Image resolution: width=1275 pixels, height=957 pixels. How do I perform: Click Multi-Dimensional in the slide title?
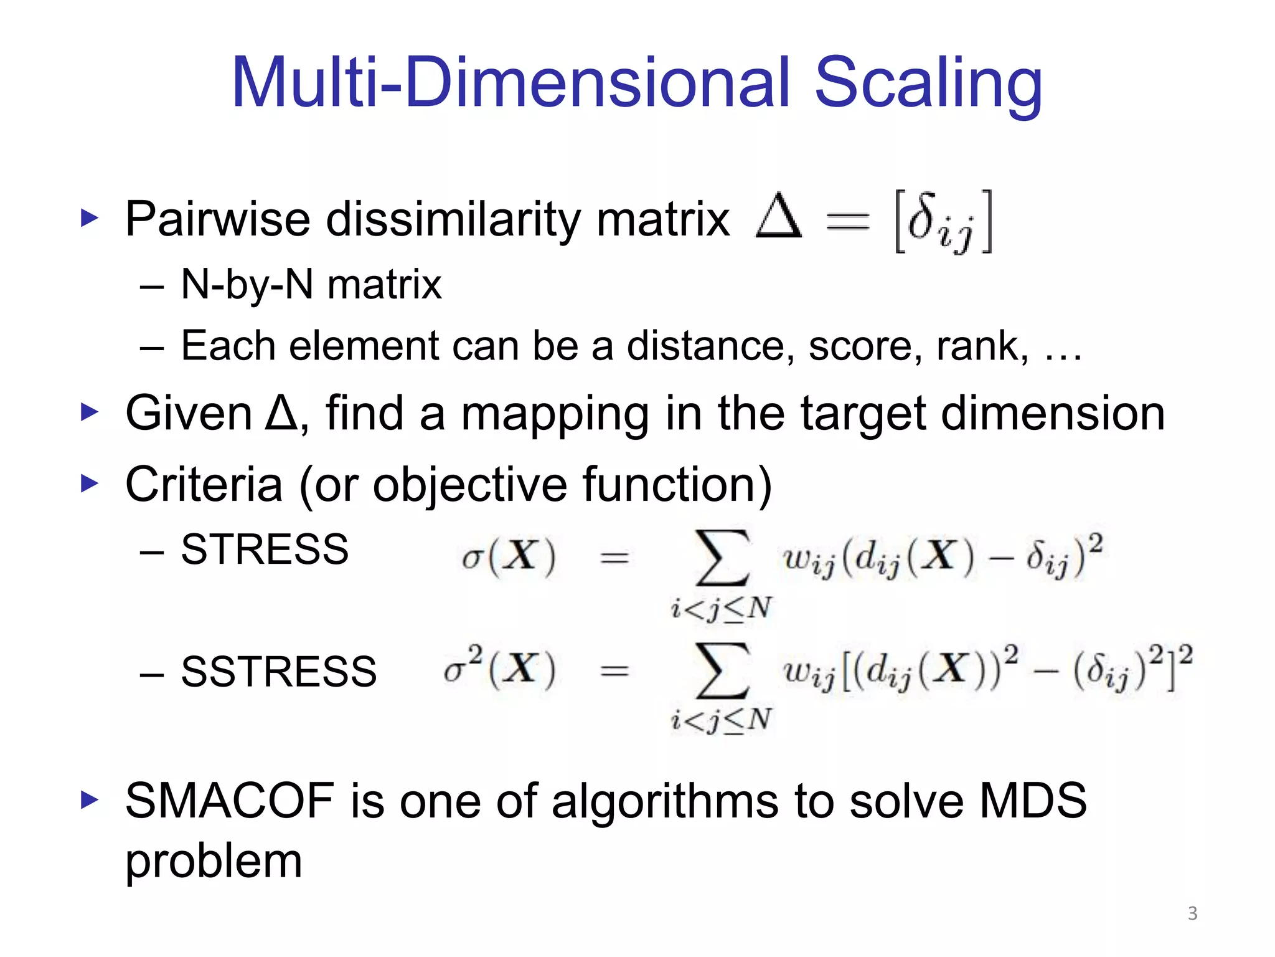tap(510, 82)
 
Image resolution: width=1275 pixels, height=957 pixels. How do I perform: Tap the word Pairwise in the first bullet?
tap(218, 219)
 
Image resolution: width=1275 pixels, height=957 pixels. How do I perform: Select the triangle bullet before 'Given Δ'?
tap(90, 412)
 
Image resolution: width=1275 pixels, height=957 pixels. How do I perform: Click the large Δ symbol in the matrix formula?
tap(778, 217)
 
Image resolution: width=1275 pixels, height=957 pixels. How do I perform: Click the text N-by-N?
tap(247, 285)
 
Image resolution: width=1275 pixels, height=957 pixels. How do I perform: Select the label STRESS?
tap(265, 550)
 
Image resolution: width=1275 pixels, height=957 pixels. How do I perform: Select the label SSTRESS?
tap(278, 672)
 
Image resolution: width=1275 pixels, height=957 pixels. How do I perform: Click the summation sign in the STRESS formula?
tap(722, 558)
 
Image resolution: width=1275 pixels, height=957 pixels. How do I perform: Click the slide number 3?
tap(1192, 913)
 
